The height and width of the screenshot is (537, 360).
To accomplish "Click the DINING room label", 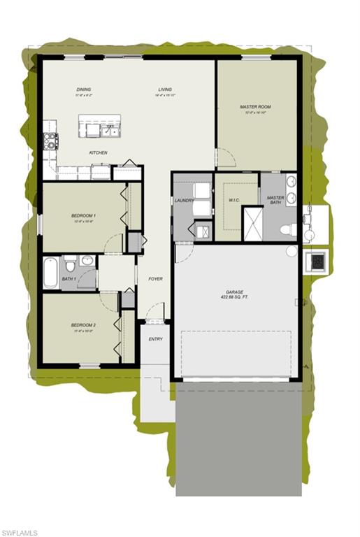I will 84,89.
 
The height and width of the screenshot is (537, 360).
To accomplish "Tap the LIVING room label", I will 165,89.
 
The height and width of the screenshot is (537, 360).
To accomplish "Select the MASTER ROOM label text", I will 255,107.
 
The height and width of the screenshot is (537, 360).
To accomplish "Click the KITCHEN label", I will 98,152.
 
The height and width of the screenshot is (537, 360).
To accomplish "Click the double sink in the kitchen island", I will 110,130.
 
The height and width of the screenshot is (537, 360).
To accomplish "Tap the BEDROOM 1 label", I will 83,215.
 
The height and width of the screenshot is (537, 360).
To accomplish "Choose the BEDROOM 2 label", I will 83,325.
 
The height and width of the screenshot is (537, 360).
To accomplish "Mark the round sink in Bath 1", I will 87,261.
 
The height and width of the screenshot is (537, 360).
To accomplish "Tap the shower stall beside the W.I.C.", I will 252,223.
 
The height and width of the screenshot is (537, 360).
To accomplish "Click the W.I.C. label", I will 234,200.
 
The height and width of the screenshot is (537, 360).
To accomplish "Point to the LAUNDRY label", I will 184,201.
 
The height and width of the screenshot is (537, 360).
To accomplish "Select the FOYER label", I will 155,279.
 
